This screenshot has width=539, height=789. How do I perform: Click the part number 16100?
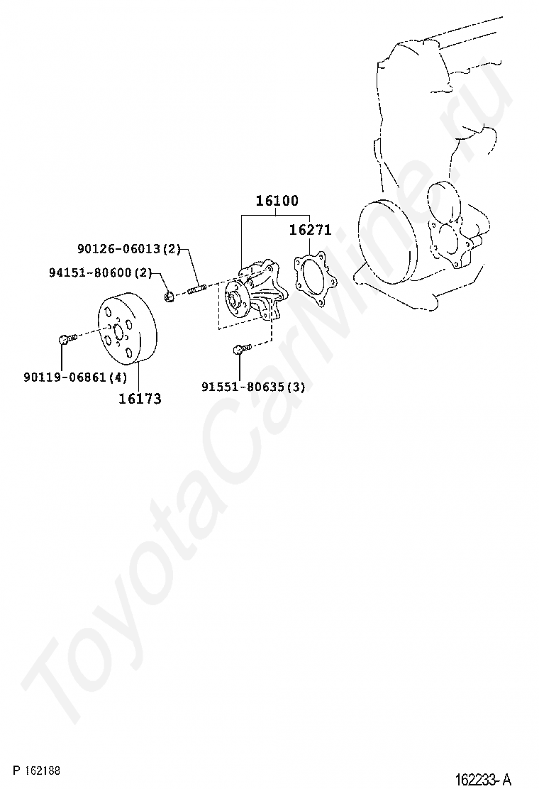pyautogui.click(x=277, y=201)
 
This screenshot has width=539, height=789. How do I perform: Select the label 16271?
pyautogui.click(x=310, y=230)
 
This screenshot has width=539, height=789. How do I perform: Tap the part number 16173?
pyautogui.click(x=140, y=399)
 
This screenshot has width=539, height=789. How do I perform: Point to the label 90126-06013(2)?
pyautogui.click(x=129, y=249)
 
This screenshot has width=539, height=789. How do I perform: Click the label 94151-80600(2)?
pyautogui.click(x=101, y=272)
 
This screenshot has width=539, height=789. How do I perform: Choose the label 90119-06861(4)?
pyautogui.click(x=75, y=377)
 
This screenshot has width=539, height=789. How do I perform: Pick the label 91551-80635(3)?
pyautogui.click(x=253, y=387)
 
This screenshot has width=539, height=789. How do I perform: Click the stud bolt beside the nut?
pyautogui.click(x=196, y=289)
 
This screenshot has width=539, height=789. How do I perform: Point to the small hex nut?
pyautogui.click(x=170, y=294)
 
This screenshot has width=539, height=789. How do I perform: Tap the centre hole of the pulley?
pyautogui.click(x=118, y=327)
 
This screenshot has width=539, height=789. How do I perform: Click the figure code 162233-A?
pyautogui.click(x=482, y=779)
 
